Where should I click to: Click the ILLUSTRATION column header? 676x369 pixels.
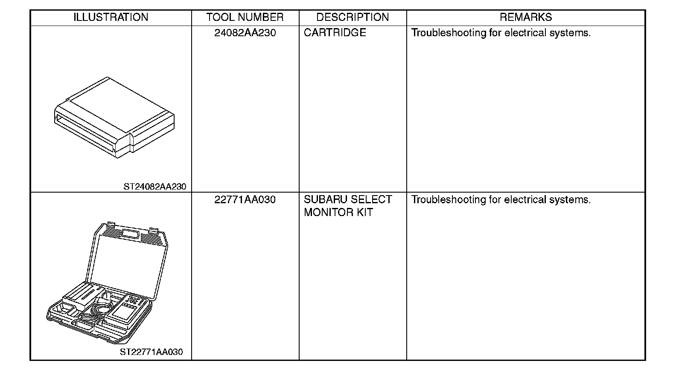[x=111, y=17]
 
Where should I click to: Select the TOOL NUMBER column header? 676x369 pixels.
[x=245, y=17]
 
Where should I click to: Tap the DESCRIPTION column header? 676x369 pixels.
[x=353, y=17]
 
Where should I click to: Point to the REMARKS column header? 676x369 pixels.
[x=525, y=17]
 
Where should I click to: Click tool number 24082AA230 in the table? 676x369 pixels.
[x=245, y=33]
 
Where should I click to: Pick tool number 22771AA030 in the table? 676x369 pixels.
[x=245, y=199]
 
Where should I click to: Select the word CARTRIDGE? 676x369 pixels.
[x=335, y=33]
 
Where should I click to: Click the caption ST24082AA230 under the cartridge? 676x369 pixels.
[x=155, y=187]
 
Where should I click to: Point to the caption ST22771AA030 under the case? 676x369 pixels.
[x=151, y=352]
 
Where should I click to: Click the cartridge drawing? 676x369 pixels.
[x=114, y=117]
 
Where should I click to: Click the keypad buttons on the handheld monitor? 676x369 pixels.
[x=134, y=301]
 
